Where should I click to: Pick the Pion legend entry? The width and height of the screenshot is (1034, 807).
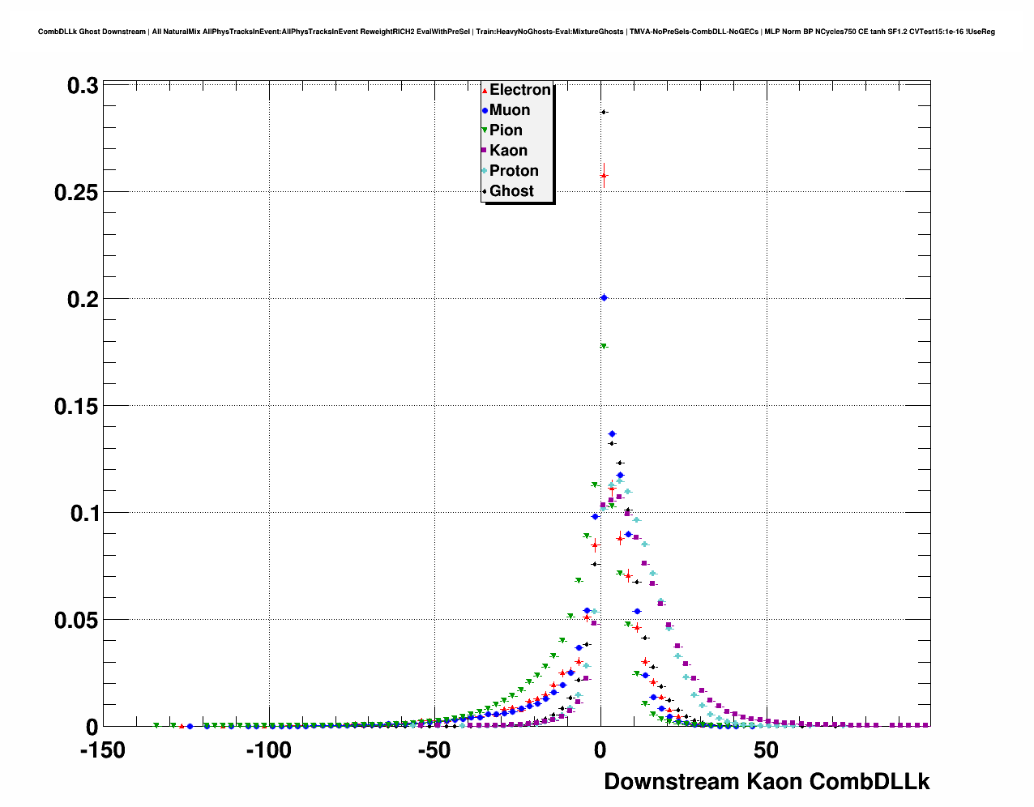pos(505,130)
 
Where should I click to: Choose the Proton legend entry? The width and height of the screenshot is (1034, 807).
pos(513,171)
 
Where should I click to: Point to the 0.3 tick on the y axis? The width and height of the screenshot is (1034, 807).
pos(83,86)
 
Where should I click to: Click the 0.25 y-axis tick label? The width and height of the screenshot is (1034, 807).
pos(76,193)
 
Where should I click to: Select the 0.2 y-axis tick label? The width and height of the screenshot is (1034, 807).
pos(83,300)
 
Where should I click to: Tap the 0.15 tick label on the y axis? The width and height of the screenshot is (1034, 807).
pos(76,407)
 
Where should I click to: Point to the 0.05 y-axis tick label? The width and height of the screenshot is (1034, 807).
pos(76,621)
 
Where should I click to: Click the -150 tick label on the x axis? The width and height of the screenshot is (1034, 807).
pos(103,751)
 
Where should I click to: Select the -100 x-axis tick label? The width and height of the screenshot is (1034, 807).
pos(268,751)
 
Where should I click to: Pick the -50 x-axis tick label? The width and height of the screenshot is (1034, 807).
pos(434,751)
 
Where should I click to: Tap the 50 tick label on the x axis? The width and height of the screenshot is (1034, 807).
pos(766,751)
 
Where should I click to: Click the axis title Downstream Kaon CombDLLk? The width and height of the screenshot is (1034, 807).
pos(767,782)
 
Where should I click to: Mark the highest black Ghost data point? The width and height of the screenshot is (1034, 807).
pos(604,112)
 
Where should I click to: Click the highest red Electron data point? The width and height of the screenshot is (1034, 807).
pos(604,175)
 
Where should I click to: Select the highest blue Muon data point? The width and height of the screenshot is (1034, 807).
pos(604,298)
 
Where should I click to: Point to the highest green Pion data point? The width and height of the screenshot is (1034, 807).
pos(604,347)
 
